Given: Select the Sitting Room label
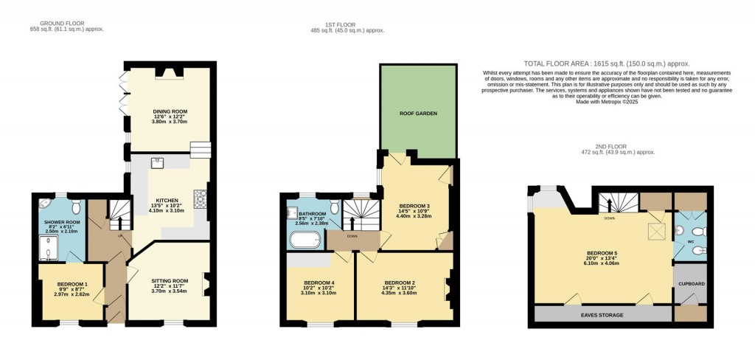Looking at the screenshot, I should pyautogui.click(x=170, y=280).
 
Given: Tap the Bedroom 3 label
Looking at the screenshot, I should pyautogui.click(x=414, y=206).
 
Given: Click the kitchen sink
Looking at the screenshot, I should pyautogui.click(x=157, y=163).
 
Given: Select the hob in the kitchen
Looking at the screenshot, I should pyautogui.click(x=199, y=198).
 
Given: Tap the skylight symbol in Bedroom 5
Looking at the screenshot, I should pyautogui.click(x=653, y=232).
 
